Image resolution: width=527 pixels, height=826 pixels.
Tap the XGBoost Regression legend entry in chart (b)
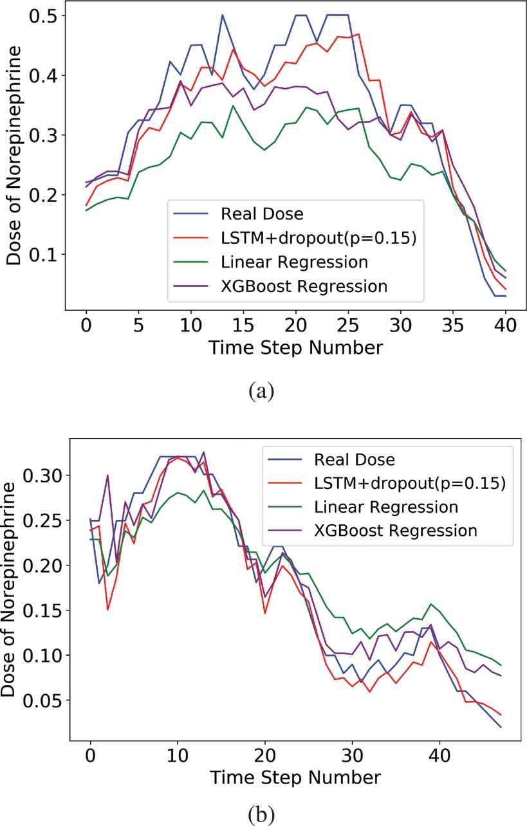(396, 530)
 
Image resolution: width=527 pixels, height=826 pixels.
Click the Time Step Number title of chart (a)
(295, 348)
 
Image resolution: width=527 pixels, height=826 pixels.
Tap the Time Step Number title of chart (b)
(295, 776)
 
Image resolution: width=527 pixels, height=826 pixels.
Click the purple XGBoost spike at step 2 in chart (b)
(107, 475)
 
